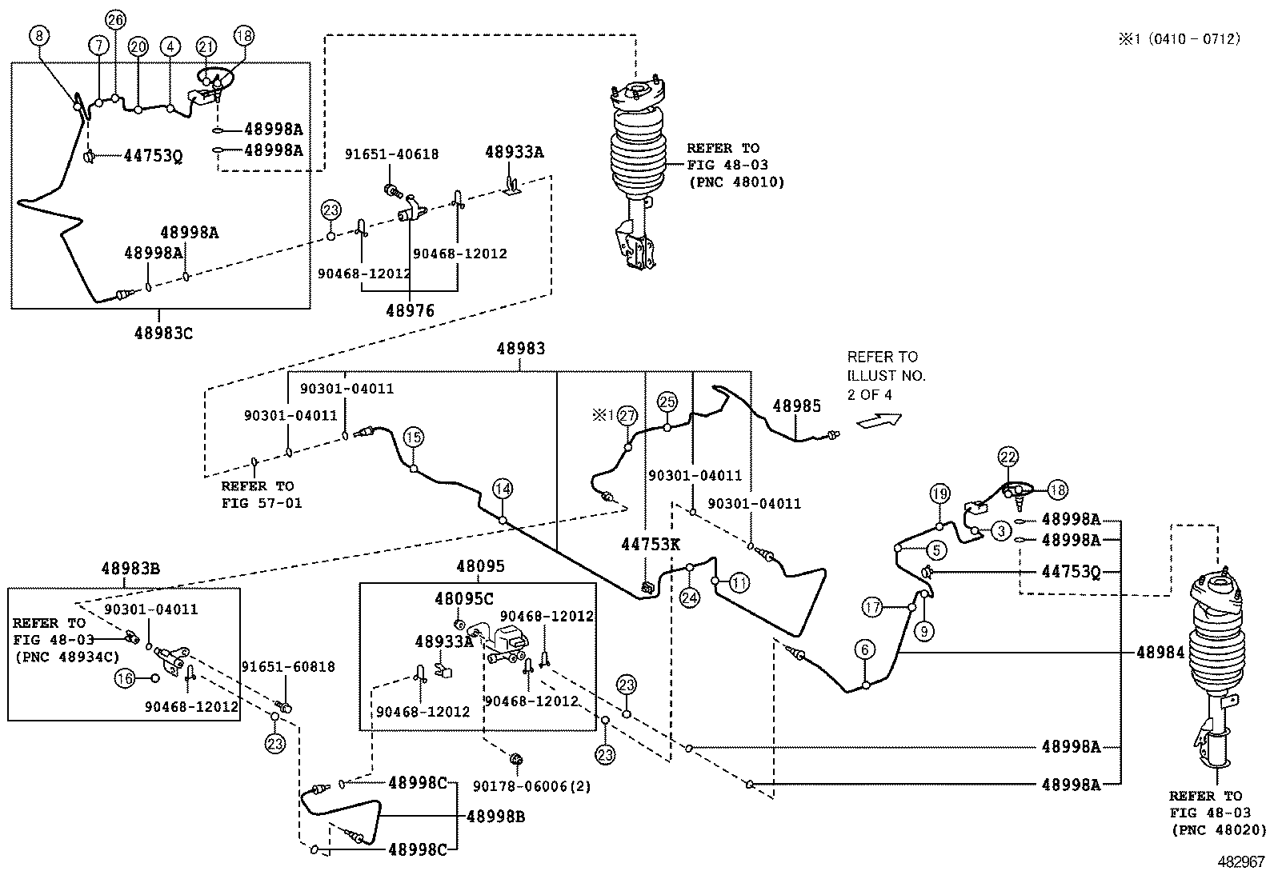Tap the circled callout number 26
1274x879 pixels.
116,20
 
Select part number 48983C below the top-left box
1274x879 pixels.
163,333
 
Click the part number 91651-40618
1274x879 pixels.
391,154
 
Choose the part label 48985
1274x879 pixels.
796,406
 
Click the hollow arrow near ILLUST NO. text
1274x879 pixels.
879,419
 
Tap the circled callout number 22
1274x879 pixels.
1008,457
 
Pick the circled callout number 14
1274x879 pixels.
502,489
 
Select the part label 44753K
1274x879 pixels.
651,545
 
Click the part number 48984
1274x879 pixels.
1160,653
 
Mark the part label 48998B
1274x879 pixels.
496,817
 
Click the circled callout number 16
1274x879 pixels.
125,678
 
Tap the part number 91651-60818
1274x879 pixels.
288,667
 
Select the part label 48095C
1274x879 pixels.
464,598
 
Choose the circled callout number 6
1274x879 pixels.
865,650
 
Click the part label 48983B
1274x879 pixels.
130,569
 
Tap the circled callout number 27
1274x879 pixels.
627,416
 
